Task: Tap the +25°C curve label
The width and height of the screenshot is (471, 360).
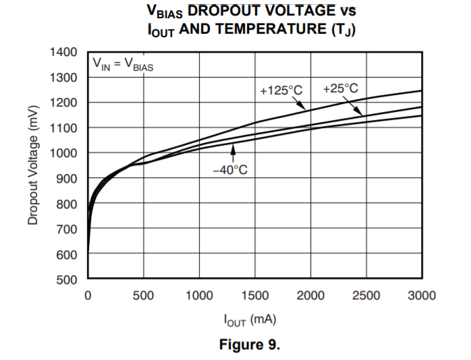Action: point(340,88)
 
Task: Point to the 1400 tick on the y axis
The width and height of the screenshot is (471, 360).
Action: point(65,52)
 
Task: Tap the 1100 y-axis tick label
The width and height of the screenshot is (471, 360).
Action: point(65,127)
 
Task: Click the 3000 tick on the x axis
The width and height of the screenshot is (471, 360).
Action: point(422,295)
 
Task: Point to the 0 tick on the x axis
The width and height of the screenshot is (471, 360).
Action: point(88,295)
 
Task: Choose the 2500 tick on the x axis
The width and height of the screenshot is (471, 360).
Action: point(366,295)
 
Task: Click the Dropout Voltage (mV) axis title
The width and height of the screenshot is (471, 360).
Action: point(32,166)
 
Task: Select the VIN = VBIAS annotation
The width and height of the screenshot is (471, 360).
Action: point(123,65)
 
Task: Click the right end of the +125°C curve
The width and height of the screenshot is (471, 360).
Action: point(422,90)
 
